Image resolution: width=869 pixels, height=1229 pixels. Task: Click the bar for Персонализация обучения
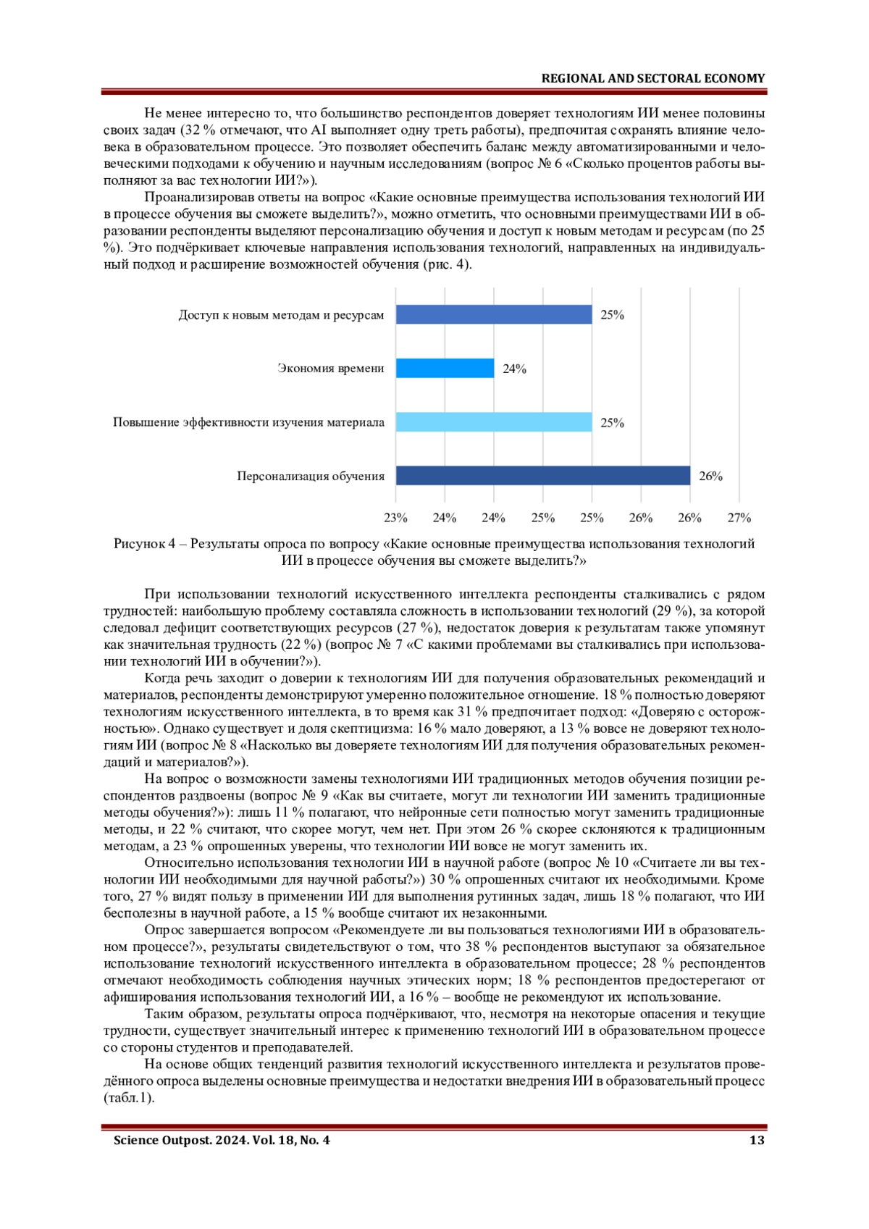pyautogui.click(x=542, y=476)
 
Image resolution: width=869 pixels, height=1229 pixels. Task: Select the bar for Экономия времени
pyautogui.click(x=445, y=369)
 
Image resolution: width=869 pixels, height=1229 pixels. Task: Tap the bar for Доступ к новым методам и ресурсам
pyautogui.click(x=494, y=315)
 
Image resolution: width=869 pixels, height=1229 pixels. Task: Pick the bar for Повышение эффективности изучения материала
pyautogui.click(x=494, y=422)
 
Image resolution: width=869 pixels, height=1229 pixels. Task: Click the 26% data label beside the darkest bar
pyautogui.click(x=710, y=477)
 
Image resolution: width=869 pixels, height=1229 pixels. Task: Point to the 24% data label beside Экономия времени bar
pyautogui.click(x=514, y=369)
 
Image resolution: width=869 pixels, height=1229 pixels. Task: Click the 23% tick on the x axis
pyautogui.click(x=395, y=518)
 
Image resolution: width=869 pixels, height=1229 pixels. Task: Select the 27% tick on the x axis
pyautogui.click(x=739, y=518)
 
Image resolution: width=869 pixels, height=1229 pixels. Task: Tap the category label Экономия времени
pyautogui.click(x=331, y=369)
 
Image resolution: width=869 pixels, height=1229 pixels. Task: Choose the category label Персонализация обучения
pyautogui.click(x=311, y=477)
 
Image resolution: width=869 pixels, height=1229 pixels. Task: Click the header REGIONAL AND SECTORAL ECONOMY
pyautogui.click(x=652, y=78)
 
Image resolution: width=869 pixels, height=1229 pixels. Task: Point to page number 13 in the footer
pyautogui.click(x=757, y=1141)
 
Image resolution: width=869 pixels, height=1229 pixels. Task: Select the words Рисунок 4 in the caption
pyautogui.click(x=144, y=544)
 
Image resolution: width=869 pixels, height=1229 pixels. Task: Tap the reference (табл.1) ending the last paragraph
pyautogui.click(x=129, y=1098)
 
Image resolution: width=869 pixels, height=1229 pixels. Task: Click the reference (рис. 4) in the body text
pyautogui.click(x=447, y=264)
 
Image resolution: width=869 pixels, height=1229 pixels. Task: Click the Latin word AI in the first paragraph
pyautogui.click(x=319, y=130)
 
